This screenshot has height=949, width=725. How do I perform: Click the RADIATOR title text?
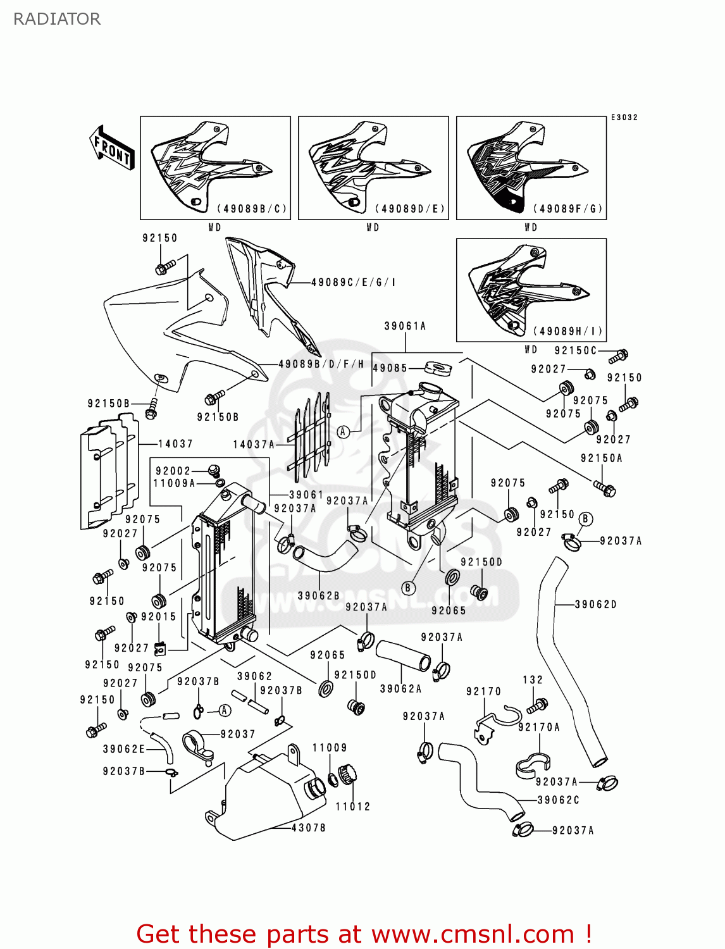(57, 19)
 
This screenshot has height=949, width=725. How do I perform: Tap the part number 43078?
(308, 828)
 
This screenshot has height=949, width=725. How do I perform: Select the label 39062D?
(595, 604)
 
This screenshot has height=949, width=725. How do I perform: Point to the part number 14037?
(175, 443)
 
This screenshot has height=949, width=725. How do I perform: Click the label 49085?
(390, 368)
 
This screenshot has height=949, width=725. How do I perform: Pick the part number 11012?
(352, 806)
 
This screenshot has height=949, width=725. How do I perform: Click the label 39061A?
(405, 326)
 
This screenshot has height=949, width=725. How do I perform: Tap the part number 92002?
(173, 471)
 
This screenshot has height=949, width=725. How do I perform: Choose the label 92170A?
(539, 727)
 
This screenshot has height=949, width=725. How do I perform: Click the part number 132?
(533, 679)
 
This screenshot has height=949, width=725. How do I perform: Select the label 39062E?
(124, 749)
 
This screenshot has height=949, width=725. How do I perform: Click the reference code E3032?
(624, 118)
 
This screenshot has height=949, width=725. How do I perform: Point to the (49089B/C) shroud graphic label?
(252, 209)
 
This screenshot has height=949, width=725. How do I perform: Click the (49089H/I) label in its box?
(568, 331)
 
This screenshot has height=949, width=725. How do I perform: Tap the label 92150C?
(575, 350)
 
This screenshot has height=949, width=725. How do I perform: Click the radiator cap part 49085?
(437, 368)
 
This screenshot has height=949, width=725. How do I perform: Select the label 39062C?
(558, 800)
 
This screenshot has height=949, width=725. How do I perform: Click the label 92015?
(158, 616)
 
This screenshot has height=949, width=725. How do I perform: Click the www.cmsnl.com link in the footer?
(473, 934)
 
